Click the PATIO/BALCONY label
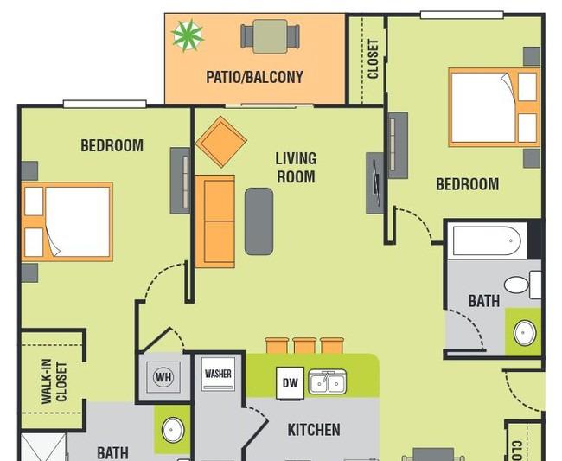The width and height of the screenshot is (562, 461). pos(254,77)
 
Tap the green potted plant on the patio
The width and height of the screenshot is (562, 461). pos(188,35)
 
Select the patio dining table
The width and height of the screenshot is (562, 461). pos(271,36)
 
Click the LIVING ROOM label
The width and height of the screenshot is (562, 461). pos(296,168)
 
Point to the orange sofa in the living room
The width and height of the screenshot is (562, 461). pos(214,221)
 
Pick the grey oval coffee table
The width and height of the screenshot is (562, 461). pos(259,221)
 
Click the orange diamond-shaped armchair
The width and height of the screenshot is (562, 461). pos(221,142)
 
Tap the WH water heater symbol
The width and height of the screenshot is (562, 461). pos(163,377)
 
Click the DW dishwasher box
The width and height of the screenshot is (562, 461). pos(290,382)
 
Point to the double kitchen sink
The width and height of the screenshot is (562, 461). pos(328,382)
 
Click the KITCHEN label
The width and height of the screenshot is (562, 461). pos(314,430)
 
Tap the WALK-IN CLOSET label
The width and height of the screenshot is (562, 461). pos(54,381)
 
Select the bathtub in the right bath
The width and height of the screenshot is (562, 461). pos(487,240)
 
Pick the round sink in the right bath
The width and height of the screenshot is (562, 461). pos(525,333)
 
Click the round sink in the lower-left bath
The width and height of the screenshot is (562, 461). pos(173,430)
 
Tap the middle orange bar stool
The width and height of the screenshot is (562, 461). pos(304,346)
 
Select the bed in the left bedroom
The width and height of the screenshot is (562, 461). pos(67,221)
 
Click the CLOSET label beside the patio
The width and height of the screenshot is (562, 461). pos(374,59)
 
